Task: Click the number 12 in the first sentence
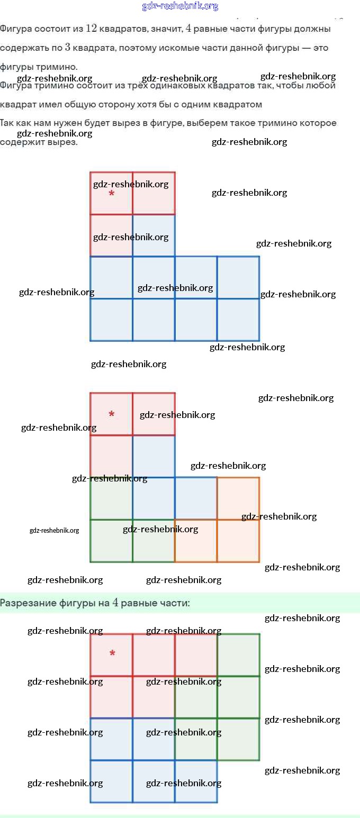[x=91, y=28]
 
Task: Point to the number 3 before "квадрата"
[x=67, y=48]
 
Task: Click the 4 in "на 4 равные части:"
[x=115, y=603]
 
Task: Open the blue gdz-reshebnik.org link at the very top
[x=180, y=6]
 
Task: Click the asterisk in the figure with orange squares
[x=111, y=414]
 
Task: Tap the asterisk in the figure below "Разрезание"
[x=112, y=654]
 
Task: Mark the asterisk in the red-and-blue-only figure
[x=111, y=194]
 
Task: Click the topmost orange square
[x=238, y=498]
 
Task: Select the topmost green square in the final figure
[x=238, y=655]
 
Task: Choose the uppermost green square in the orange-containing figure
[x=111, y=498]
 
